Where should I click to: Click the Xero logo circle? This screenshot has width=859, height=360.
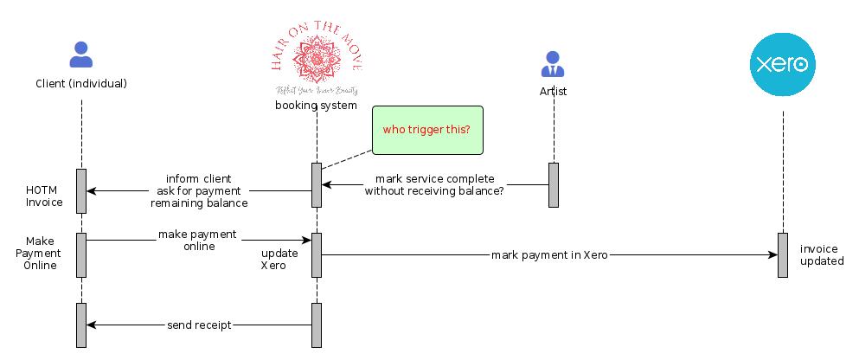point(783,64)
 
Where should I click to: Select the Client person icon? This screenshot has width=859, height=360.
point(81,55)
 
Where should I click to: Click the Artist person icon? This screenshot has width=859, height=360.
point(553,64)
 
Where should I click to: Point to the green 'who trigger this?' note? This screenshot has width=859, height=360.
point(427,130)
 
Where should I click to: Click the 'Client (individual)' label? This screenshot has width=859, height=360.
point(81,84)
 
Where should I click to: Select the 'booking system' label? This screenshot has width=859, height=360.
point(316,106)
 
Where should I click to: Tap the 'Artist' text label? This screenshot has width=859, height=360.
point(553,90)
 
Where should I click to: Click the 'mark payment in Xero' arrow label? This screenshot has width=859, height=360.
point(548,255)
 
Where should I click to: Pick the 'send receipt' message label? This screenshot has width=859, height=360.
point(199,325)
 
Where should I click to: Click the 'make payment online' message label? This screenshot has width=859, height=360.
point(198,241)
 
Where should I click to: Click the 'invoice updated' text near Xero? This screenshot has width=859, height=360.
point(821,254)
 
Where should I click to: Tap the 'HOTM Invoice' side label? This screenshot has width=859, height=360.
point(44,196)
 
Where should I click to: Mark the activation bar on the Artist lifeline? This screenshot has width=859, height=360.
point(554,185)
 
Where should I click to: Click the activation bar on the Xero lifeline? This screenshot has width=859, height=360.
point(783,255)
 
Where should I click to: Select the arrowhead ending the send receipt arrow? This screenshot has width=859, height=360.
point(91,325)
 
